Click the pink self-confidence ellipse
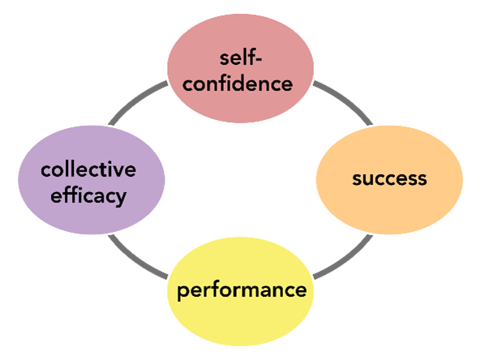point(240,68)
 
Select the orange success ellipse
point(389,180)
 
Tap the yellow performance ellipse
point(240,291)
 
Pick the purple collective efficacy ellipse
point(92,180)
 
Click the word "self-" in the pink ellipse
point(240,58)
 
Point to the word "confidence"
point(238,84)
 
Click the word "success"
point(389,178)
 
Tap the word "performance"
point(242,290)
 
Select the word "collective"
point(88,169)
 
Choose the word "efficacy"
point(88,196)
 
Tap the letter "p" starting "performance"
point(183,293)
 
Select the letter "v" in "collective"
point(118,171)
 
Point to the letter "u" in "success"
point(369,180)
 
